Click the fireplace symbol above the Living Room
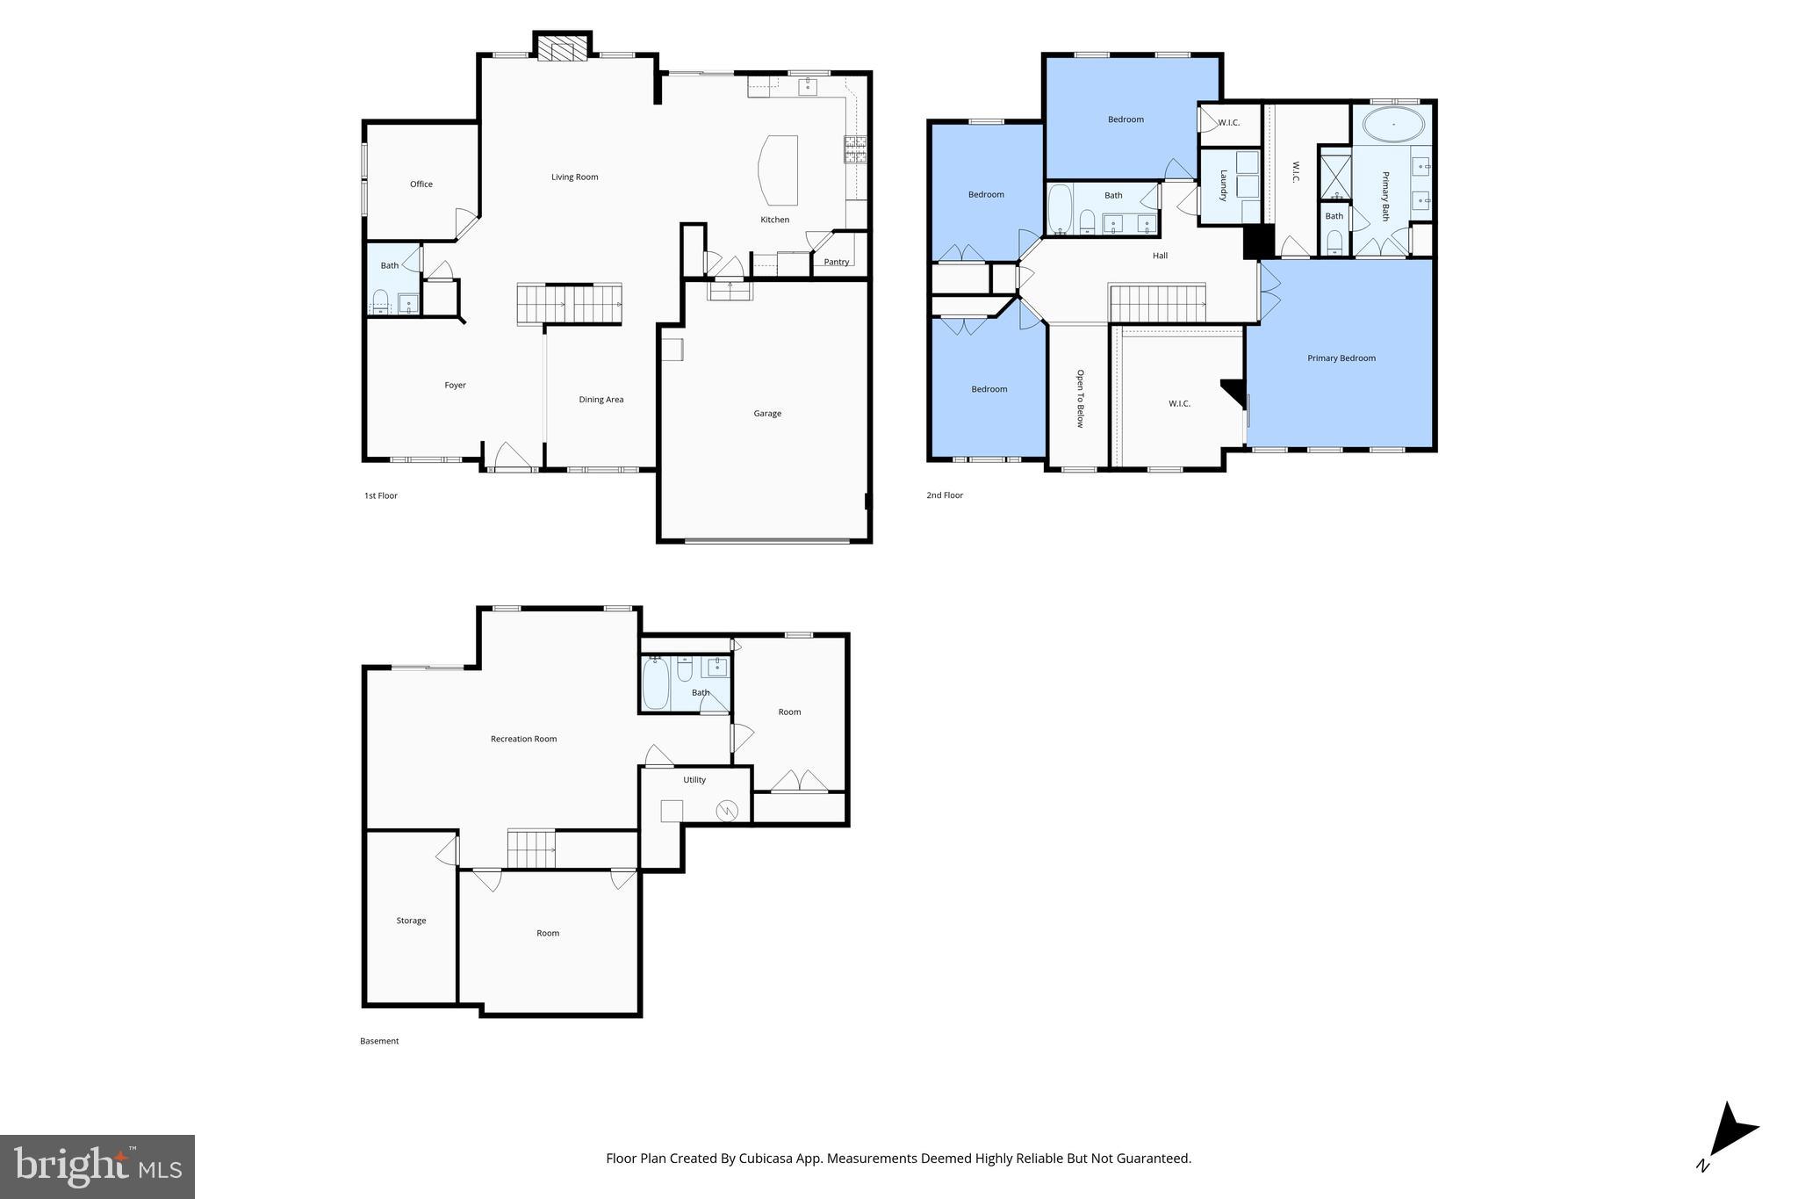[x=562, y=49]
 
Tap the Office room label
[x=421, y=184]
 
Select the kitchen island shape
[x=779, y=170]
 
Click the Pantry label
[x=837, y=262]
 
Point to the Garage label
[x=767, y=414]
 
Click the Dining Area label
[x=601, y=400]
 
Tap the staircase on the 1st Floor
[x=569, y=304]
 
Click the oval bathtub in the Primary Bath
[x=1393, y=125]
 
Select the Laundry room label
[x=1223, y=185]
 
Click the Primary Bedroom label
[x=1341, y=358]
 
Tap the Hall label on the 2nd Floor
[x=1161, y=256]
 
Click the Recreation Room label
[x=524, y=740]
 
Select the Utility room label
[x=694, y=780]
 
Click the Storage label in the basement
[x=411, y=921]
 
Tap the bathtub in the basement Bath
[x=656, y=684]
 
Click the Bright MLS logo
[x=97, y=1166]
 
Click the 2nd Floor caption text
[x=945, y=495]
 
